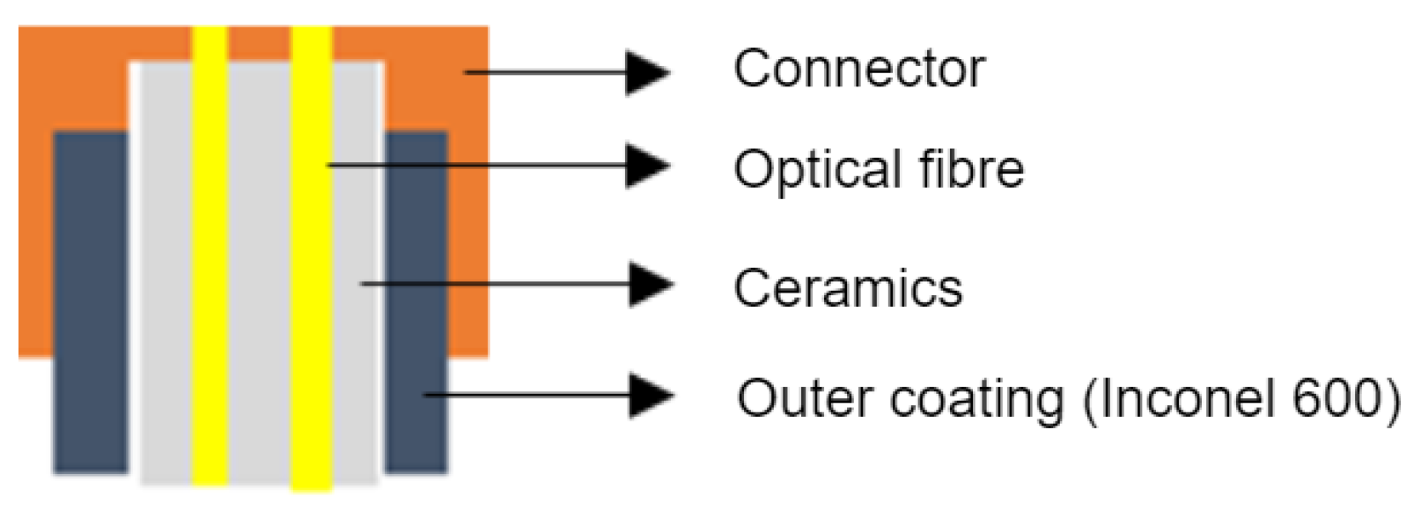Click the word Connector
pyautogui.click(x=858, y=69)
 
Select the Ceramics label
pyautogui.click(x=848, y=288)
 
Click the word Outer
pyautogui.click(x=805, y=398)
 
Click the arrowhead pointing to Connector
pyautogui.click(x=647, y=72)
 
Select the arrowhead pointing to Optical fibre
pyautogui.click(x=647, y=166)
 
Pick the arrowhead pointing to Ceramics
pyautogui.click(x=651, y=284)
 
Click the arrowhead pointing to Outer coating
pyautogui.click(x=651, y=395)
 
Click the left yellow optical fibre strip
pyautogui.click(x=210, y=264)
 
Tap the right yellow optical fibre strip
pyautogui.click(x=311, y=264)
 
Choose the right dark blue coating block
pyautogui.click(x=416, y=300)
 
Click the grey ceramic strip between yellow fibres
pyautogui.click(x=260, y=264)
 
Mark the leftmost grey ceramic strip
pyautogui.click(x=165, y=264)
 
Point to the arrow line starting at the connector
pyautogui.click(x=546, y=72)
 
